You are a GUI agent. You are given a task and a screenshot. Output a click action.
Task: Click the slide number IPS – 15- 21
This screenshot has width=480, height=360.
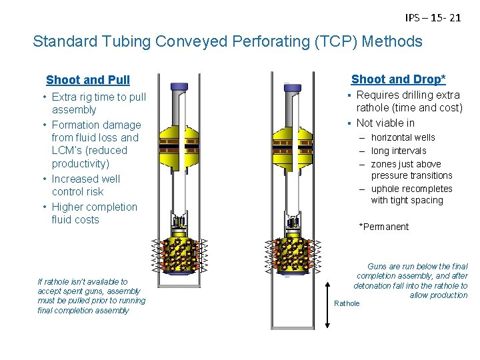[x=433, y=18]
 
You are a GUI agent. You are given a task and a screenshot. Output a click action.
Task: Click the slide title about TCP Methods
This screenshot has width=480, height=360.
[x=227, y=41]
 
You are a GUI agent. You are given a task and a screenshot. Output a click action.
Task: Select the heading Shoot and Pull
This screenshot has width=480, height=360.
[x=88, y=80]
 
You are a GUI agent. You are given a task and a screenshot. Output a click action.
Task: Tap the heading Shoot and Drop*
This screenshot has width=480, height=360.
[x=398, y=79]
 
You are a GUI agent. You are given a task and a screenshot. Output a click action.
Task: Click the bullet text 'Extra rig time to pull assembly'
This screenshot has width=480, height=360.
[x=98, y=103]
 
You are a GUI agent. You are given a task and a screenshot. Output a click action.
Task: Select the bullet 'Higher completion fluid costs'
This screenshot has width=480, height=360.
[x=93, y=213]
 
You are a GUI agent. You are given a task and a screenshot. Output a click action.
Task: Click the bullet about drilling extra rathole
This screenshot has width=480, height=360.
[x=409, y=101]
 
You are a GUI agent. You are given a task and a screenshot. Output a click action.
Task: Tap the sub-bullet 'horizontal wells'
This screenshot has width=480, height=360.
[x=403, y=137]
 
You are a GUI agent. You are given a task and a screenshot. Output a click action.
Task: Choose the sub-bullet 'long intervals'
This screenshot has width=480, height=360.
[x=398, y=151]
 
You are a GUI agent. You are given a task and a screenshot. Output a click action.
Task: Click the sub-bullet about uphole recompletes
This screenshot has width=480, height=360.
[x=411, y=195]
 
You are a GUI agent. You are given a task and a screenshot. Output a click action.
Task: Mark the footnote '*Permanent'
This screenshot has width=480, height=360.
[x=384, y=227]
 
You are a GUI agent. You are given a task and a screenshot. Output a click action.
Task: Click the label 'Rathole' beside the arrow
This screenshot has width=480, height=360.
[x=347, y=303]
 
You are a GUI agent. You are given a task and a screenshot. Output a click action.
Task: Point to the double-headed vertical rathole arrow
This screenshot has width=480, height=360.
[x=327, y=303]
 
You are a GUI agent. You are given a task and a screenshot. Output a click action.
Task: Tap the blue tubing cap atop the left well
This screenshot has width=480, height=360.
[x=180, y=87]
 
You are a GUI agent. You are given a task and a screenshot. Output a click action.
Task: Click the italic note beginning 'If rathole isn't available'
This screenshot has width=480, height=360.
[x=91, y=296]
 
